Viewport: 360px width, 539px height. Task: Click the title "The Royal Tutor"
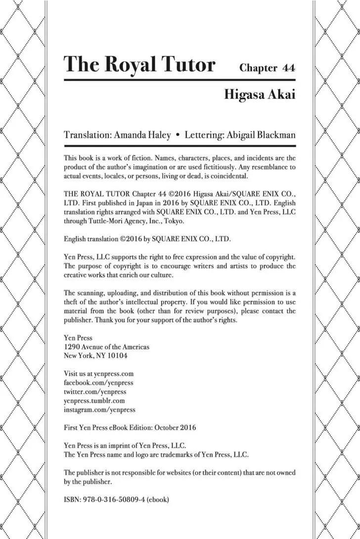pos(140,65)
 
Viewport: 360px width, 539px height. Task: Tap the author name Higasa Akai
pos(260,94)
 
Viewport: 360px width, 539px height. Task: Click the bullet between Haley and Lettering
pos(177,135)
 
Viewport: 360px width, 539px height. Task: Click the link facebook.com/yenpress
pos(98,383)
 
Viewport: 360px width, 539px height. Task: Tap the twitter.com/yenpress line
pos(95,392)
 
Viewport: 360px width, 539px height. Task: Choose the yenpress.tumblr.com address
pos(94,401)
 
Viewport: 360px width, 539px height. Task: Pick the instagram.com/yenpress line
pos(99,409)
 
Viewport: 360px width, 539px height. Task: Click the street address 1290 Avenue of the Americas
pos(106,347)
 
